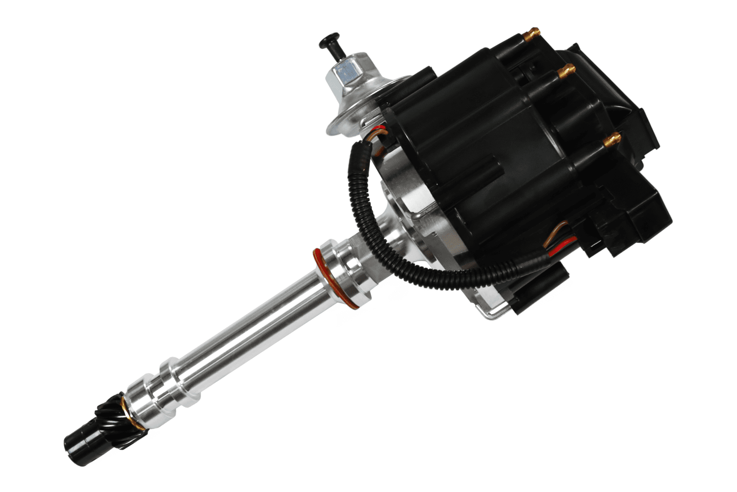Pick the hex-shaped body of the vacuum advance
(346, 73)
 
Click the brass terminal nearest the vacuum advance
(531, 33)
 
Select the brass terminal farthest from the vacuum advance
(612, 138)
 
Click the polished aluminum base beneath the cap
(409, 214)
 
